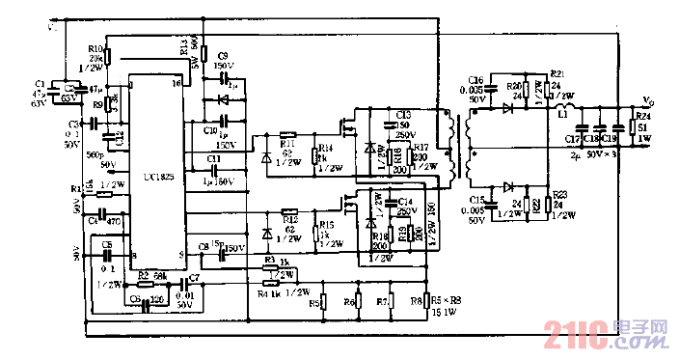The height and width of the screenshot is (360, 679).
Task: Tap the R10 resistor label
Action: pos(95,47)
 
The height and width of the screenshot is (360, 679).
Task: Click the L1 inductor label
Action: pos(560,114)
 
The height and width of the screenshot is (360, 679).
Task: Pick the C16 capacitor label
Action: pos(475,79)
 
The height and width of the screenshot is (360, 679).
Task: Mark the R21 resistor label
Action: pos(557,73)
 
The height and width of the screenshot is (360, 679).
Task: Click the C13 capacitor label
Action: pos(403,114)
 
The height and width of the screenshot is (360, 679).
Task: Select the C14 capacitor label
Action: pos(405,202)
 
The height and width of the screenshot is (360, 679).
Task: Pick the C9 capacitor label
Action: pos(223,56)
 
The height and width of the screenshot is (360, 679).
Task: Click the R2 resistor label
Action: pos(142,275)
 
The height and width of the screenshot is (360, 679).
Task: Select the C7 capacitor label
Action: pos(195,277)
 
